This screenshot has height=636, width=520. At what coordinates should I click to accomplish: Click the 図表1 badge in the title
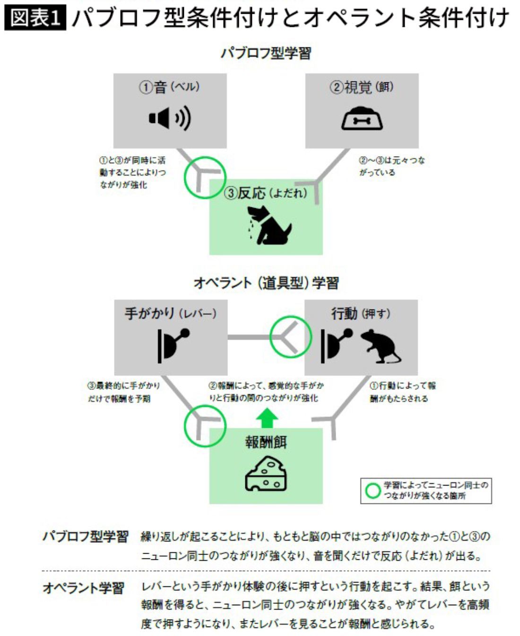[x=35, y=18]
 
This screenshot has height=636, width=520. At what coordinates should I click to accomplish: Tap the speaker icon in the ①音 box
[x=170, y=118]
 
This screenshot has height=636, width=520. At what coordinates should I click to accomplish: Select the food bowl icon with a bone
[x=362, y=119]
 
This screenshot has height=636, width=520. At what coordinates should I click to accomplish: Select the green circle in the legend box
[x=373, y=491]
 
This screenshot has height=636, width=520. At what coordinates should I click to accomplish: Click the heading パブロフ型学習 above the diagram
[x=266, y=53]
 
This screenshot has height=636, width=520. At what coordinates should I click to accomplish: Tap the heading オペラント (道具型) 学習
[x=266, y=283]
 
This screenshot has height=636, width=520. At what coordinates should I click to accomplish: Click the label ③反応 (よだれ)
[x=266, y=193]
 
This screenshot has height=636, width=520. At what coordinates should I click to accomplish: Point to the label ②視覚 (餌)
[x=362, y=88]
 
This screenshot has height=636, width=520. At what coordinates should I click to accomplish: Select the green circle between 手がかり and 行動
[x=291, y=337]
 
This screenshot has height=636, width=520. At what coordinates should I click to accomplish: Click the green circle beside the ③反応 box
[x=204, y=177]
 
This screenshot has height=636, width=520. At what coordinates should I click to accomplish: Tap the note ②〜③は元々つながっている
[x=391, y=166]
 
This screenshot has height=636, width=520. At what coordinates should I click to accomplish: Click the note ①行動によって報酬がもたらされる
[x=402, y=392]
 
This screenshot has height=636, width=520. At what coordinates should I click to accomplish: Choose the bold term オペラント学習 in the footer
[x=84, y=588]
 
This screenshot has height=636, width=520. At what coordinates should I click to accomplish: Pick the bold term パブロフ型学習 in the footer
[x=86, y=537]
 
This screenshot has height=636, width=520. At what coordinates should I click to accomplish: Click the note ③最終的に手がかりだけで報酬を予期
[x=123, y=392]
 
